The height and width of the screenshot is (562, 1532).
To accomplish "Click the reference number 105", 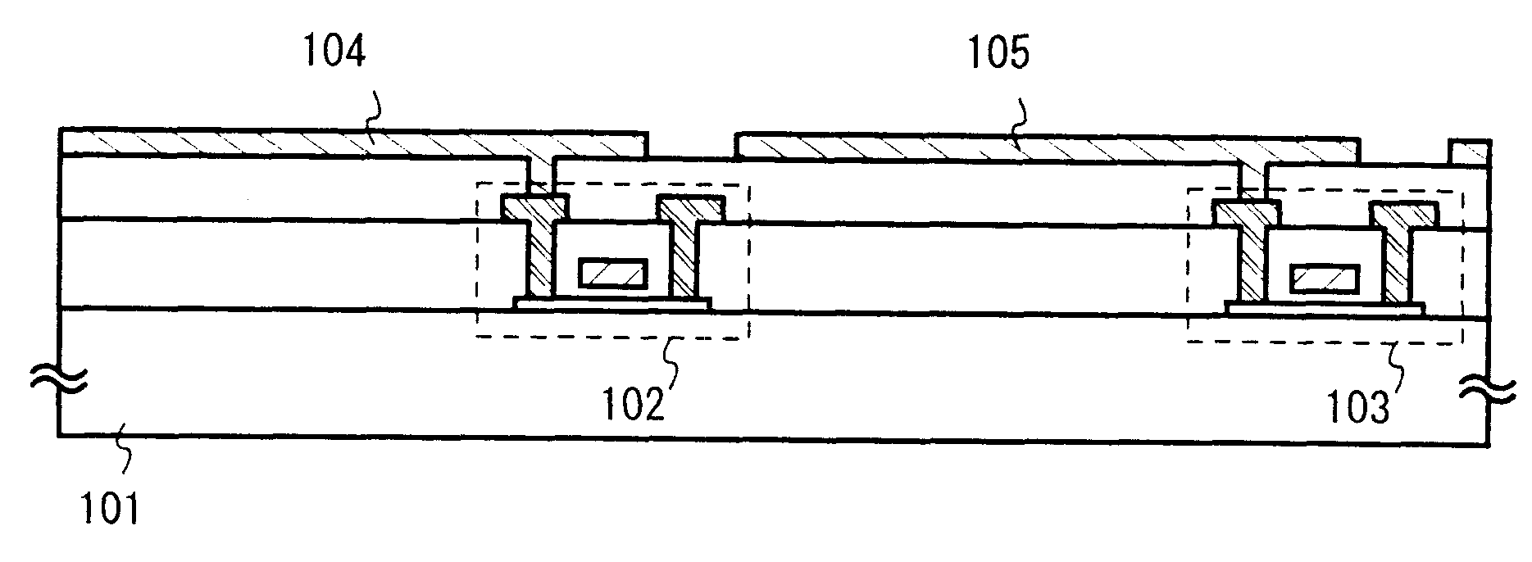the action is coord(997,55).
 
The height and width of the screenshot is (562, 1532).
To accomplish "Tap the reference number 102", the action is coord(634,404).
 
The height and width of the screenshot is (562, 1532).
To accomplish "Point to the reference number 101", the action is coord(110,509).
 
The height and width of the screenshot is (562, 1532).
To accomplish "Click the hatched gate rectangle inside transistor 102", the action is coord(613,273).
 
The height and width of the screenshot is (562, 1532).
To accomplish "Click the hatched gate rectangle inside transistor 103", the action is coord(1325,279).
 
